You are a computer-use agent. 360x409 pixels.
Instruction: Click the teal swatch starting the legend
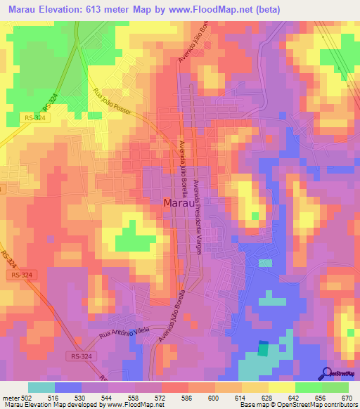click(41, 387)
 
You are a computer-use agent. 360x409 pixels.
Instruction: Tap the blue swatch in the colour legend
click(68, 387)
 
